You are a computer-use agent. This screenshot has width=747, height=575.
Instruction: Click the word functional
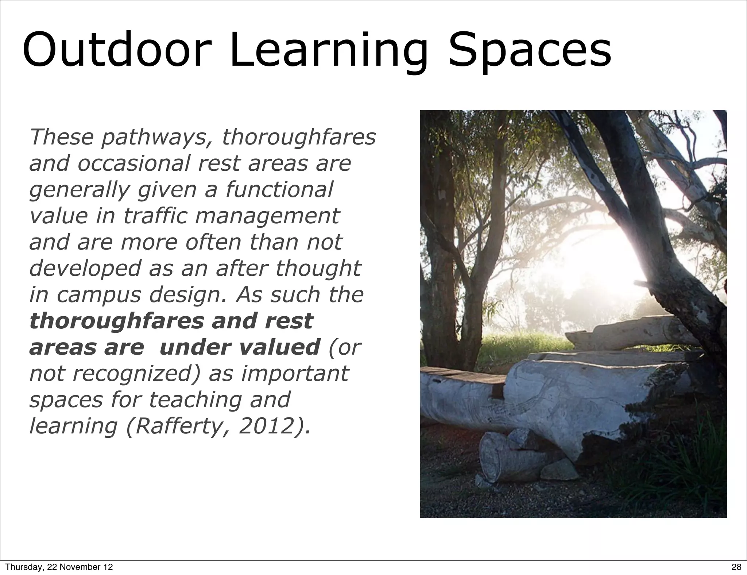tap(279, 190)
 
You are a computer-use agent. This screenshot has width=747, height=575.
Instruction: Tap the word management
tap(267, 216)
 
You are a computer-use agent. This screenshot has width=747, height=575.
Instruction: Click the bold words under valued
tap(240, 347)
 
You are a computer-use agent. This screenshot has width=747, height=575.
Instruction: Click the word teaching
tap(195, 400)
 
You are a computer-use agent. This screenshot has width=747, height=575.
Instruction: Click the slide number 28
tap(736, 567)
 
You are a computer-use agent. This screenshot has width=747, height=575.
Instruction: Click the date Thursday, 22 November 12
tap(59, 567)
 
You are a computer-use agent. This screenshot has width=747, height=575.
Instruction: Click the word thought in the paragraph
tap(318, 269)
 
